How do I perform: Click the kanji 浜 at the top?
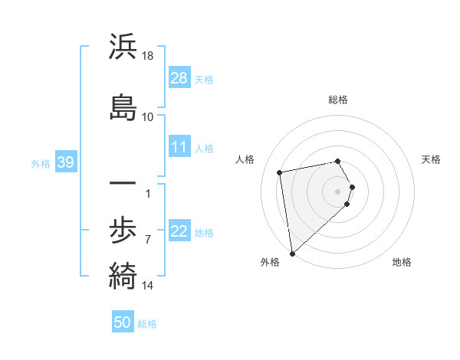123,47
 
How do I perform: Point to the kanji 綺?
123,273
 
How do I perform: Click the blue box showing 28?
179,78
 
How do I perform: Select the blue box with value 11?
179,148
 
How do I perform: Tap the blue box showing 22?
179,232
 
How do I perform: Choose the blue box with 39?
65,162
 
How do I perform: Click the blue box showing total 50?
123,322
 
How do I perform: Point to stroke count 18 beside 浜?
148,56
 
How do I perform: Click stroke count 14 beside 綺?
148,285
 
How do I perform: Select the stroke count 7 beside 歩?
148,239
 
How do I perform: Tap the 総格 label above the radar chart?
338,100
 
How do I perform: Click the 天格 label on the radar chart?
431,159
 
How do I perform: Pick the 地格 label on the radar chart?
402,262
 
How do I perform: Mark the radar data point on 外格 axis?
291,254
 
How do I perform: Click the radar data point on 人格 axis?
281,172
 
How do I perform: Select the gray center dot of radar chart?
338,191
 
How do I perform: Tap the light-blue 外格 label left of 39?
41,163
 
